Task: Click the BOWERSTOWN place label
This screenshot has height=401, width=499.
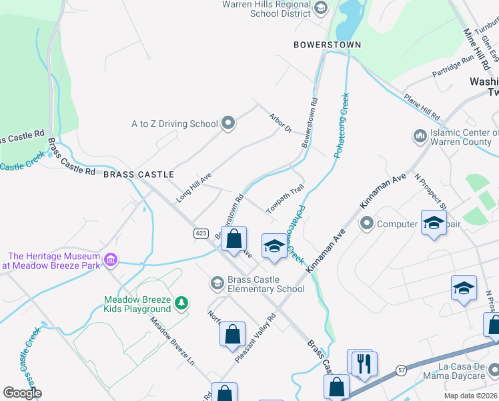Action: tap(327, 45)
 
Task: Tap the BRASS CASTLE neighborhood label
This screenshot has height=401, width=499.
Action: tap(139, 174)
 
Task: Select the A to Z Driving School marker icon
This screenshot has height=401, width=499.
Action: tap(228, 122)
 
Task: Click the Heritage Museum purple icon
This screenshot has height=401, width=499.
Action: tap(111, 259)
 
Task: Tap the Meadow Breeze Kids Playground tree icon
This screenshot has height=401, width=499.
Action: tap(181, 304)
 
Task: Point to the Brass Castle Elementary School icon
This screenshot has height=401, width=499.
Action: tap(217, 283)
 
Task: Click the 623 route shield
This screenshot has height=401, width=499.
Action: tap(201, 233)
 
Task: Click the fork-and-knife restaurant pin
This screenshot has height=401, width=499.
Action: tap(364, 364)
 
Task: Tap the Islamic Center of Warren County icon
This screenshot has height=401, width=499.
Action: tap(420, 136)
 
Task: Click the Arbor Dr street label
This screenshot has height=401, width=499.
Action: tap(281, 122)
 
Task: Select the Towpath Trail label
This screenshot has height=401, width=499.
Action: tap(286, 199)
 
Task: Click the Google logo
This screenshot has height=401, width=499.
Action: tap(22, 392)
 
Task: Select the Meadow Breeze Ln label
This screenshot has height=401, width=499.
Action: tap(172, 340)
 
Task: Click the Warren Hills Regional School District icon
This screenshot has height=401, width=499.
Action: tap(321, 8)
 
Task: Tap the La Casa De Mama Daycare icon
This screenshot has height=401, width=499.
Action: tap(492, 370)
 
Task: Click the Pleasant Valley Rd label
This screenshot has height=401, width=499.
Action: tap(256, 338)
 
